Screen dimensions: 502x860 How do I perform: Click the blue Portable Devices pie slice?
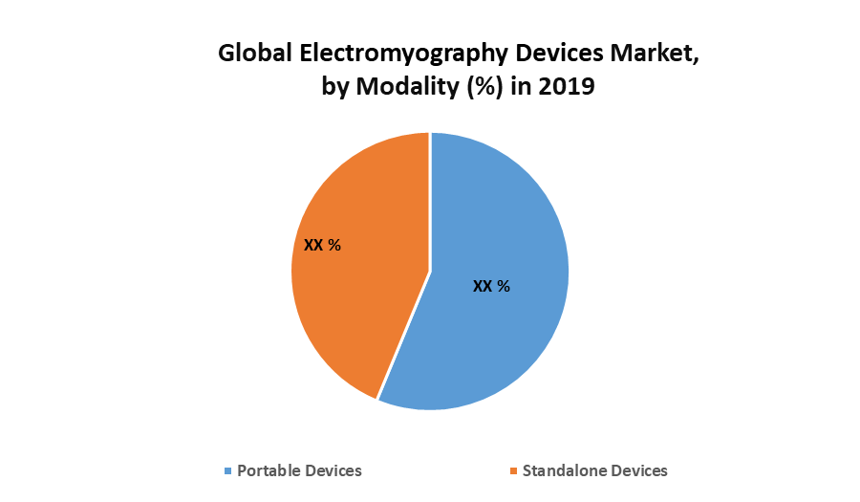(497, 325)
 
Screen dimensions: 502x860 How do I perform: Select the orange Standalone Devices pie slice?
(354, 287)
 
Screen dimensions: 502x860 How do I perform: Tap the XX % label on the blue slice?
(492, 286)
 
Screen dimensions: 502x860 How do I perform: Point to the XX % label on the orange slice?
(322, 245)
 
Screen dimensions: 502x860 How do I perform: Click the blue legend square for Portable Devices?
(227, 471)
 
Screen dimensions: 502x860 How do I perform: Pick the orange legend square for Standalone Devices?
(513, 471)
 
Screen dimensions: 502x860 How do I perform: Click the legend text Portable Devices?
(299, 470)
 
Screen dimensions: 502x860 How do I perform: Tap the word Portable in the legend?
(271, 470)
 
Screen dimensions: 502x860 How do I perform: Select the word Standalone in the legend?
(566, 470)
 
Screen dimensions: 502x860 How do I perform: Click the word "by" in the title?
(336, 87)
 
